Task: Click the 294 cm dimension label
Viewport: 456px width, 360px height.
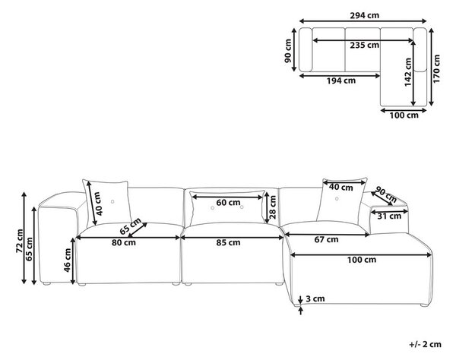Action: [364, 15]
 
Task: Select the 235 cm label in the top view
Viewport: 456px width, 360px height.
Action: [364, 46]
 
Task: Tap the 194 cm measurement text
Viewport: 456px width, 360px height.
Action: [341, 81]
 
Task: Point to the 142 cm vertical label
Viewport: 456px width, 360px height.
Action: [408, 72]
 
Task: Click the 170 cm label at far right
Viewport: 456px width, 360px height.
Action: [436, 69]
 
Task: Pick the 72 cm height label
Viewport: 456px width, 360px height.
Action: [20, 242]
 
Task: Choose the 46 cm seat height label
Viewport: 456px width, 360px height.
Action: [68, 260]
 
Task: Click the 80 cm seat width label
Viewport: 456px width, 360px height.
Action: [124, 242]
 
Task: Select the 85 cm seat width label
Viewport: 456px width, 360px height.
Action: [229, 242]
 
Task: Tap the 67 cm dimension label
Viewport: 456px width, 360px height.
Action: [327, 240]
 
